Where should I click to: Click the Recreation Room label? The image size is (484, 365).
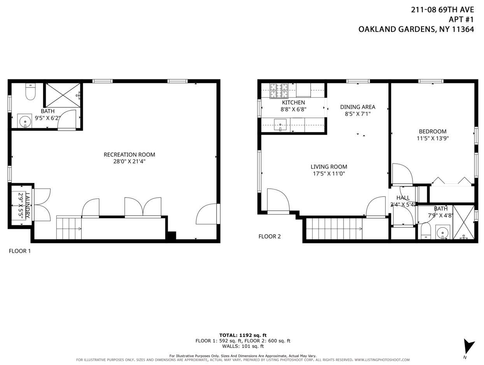(x=129, y=154)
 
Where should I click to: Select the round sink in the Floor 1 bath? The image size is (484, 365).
(x=25, y=121)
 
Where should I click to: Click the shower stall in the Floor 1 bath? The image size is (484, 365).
(x=63, y=95)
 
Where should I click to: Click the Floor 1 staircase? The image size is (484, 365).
(x=69, y=228)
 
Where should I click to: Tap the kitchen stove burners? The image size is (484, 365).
(x=279, y=91)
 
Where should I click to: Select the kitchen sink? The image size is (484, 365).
(x=280, y=125)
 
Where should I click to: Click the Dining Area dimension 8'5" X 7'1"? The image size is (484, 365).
(x=357, y=114)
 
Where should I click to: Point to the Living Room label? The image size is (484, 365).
(x=329, y=167)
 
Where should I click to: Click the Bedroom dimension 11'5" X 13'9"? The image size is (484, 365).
(x=433, y=138)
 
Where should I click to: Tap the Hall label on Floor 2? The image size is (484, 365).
(x=403, y=198)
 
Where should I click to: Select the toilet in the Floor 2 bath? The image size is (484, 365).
(x=426, y=231)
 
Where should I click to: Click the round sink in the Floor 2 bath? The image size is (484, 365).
(x=443, y=233)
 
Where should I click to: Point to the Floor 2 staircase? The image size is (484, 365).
(x=334, y=228)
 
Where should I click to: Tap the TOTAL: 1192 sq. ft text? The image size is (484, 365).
(x=243, y=335)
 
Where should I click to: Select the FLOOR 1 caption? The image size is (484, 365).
(x=19, y=251)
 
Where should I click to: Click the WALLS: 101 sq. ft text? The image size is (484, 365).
(x=243, y=346)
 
